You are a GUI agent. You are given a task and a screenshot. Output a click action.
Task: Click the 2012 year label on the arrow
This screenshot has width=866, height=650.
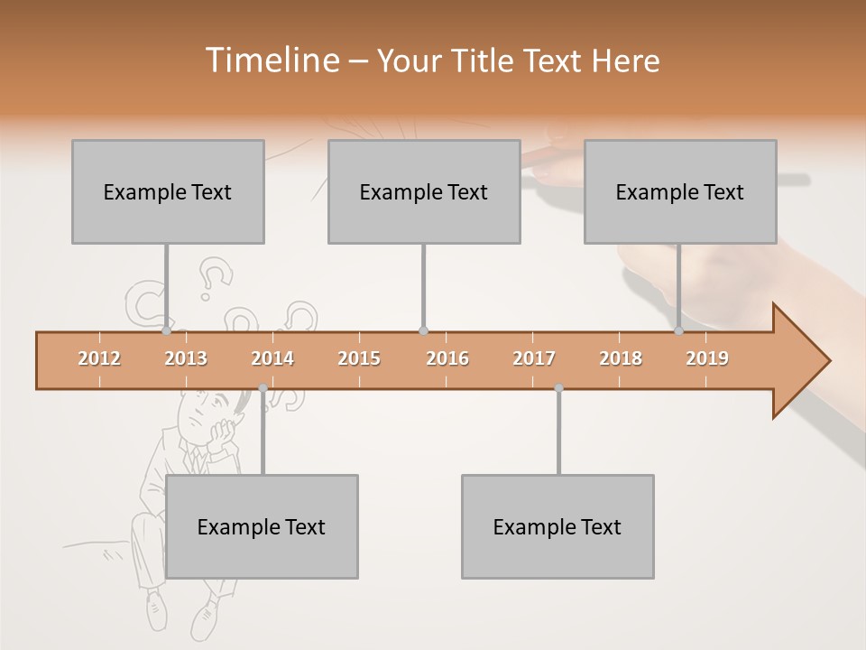tap(99, 358)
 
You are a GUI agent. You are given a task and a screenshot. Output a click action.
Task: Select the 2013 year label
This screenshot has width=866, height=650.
tap(186, 358)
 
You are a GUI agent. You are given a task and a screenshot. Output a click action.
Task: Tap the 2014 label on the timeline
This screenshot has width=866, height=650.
tap(272, 358)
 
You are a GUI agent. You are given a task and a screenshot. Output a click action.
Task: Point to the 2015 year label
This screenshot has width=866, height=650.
tap(359, 358)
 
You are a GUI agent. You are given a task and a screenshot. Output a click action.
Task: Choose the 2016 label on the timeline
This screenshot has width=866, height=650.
tap(447, 358)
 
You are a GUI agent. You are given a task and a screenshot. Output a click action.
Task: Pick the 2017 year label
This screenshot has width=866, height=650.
tap(534, 358)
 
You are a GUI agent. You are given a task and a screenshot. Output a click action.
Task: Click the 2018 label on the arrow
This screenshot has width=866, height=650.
tap(621, 358)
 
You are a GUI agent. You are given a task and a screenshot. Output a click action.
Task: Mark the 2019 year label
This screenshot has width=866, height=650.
tap(707, 358)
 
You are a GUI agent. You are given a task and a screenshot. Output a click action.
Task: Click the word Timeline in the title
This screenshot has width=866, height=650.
tap(271, 60)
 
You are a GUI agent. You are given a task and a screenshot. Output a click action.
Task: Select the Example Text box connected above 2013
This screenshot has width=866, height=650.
tap(168, 191)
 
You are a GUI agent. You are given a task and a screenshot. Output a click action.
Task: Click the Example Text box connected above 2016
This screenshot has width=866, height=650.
tap(424, 191)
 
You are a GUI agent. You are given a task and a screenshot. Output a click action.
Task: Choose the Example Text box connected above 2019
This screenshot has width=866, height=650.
tap(680, 191)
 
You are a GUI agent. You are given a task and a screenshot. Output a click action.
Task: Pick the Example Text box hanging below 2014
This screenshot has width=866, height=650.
tap(262, 526)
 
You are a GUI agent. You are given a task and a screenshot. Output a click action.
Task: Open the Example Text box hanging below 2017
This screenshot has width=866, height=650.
tap(557, 526)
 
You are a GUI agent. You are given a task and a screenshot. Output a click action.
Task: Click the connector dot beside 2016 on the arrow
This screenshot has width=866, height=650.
tap(423, 331)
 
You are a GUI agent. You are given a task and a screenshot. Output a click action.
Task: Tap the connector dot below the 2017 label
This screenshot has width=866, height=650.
tap(558, 388)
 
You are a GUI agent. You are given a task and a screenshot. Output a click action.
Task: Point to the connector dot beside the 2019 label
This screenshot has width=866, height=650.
tap(678, 331)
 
